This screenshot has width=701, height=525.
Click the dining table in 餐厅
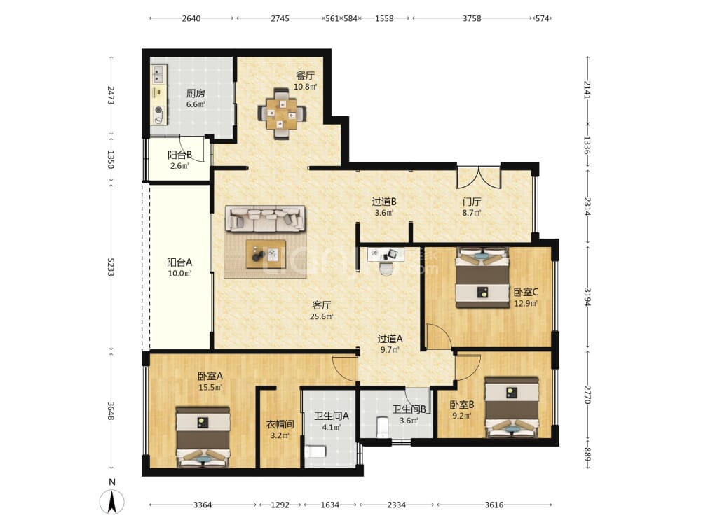[x=282, y=114]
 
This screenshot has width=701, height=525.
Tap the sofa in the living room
[x=265, y=218]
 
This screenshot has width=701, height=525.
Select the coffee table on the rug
[x=266, y=254]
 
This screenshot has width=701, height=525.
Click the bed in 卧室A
[x=203, y=437]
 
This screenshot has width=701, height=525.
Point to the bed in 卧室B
[x=512, y=407]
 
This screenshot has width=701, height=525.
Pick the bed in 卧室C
[x=482, y=278]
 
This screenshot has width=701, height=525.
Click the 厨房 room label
[x=196, y=93]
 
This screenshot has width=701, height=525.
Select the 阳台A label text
[x=179, y=262]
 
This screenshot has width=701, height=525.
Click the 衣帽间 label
[x=280, y=424]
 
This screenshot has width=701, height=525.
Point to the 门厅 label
[x=472, y=202]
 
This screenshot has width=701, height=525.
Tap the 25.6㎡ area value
[x=322, y=316]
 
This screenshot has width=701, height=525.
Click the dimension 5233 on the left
[x=111, y=267]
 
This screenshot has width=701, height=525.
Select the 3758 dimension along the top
[x=472, y=18]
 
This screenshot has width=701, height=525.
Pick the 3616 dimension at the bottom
[x=494, y=505]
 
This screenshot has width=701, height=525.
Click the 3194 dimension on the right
[x=587, y=297]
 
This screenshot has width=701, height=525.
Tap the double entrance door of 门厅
[x=478, y=177]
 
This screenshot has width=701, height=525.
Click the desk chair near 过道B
[x=386, y=269]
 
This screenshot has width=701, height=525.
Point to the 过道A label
[x=390, y=339]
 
